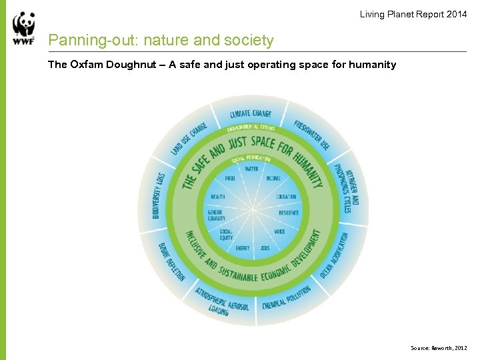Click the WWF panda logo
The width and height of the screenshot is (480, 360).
tap(23, 29)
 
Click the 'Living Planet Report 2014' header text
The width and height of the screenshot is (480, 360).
tap(413, 14)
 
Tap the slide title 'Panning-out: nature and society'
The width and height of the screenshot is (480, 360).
tap(161, 41)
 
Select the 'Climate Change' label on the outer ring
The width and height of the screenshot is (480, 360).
tap(251, 114)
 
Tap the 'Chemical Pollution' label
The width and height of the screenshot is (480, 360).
tap(286, 297)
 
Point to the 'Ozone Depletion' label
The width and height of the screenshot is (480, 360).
tap(171, 261)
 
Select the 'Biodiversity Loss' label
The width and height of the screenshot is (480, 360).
tap(158, 195)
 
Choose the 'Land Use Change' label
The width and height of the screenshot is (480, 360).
tap(189, 138)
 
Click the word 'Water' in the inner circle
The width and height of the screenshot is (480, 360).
tap(251, 169)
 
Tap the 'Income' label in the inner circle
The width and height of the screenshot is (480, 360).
tap(273, 179)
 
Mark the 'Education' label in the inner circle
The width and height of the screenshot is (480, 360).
tap(286, 197)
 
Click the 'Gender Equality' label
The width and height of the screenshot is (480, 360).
tap(217, 215)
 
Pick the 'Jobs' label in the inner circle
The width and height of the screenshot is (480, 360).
tap(265, 248)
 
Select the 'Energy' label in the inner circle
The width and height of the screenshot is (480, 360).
tap(243, 248)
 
